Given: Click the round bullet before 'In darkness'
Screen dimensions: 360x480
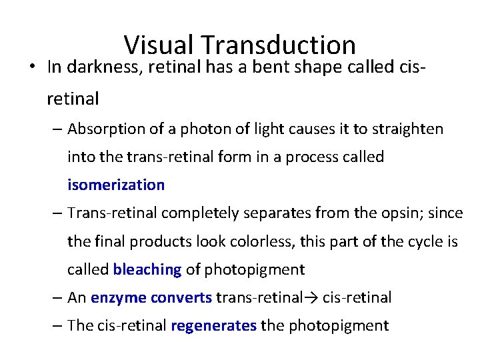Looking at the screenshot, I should [x=32, y=67].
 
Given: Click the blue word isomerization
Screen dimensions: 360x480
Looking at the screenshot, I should [x=116, y=185].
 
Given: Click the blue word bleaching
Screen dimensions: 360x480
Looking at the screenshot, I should [x=147, y=269].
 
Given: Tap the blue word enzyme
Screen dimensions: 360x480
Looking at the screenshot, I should [x=115, y=298].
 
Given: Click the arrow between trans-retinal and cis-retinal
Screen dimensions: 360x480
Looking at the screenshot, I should [x=312, y=298].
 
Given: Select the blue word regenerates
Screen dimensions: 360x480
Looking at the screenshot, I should [x=213, y=326].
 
